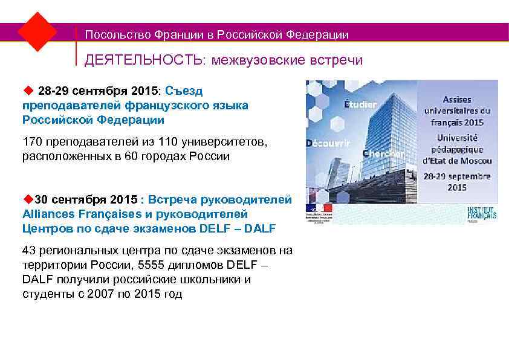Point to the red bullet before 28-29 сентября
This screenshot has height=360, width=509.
click(27, 91)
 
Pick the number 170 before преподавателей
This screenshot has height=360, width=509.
click(32, 143)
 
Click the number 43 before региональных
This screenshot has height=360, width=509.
click(28, 251)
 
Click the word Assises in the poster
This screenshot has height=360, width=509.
click(457, 99)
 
